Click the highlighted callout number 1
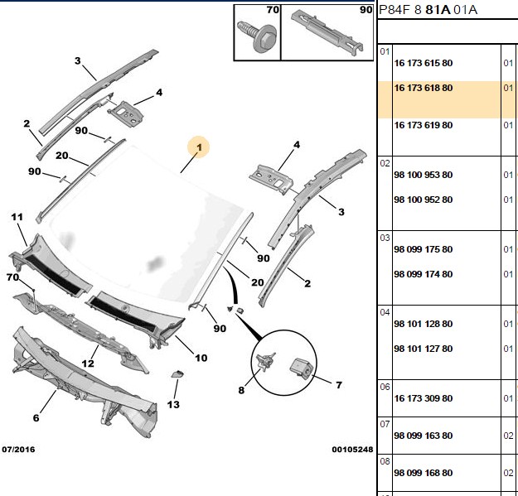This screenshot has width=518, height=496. point(199,147)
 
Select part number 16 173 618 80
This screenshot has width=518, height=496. point(424,88)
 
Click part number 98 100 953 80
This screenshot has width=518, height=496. point(424,175)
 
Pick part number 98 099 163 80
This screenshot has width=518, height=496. point(424,436)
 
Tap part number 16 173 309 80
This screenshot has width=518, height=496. point(424,398)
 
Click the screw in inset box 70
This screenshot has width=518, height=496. point(257,36)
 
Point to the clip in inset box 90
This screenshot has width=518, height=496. point(327,31)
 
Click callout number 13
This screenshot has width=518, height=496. point(173,404)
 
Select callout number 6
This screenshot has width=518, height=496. point(36,418)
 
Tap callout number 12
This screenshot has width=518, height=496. point(88,364)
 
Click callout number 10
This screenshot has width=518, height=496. point(201,358)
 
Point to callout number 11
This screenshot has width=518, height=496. point(17,217)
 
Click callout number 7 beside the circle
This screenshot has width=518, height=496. point(339,385)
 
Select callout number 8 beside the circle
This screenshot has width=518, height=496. point(241,390)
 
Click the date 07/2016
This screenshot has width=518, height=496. point(18,449)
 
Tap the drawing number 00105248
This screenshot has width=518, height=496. point(352,449)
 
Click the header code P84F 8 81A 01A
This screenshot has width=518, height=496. point(428,10)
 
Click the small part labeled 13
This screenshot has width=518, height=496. point(177,374)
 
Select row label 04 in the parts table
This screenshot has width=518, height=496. point(385,312)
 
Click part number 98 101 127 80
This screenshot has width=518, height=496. point(424,349)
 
